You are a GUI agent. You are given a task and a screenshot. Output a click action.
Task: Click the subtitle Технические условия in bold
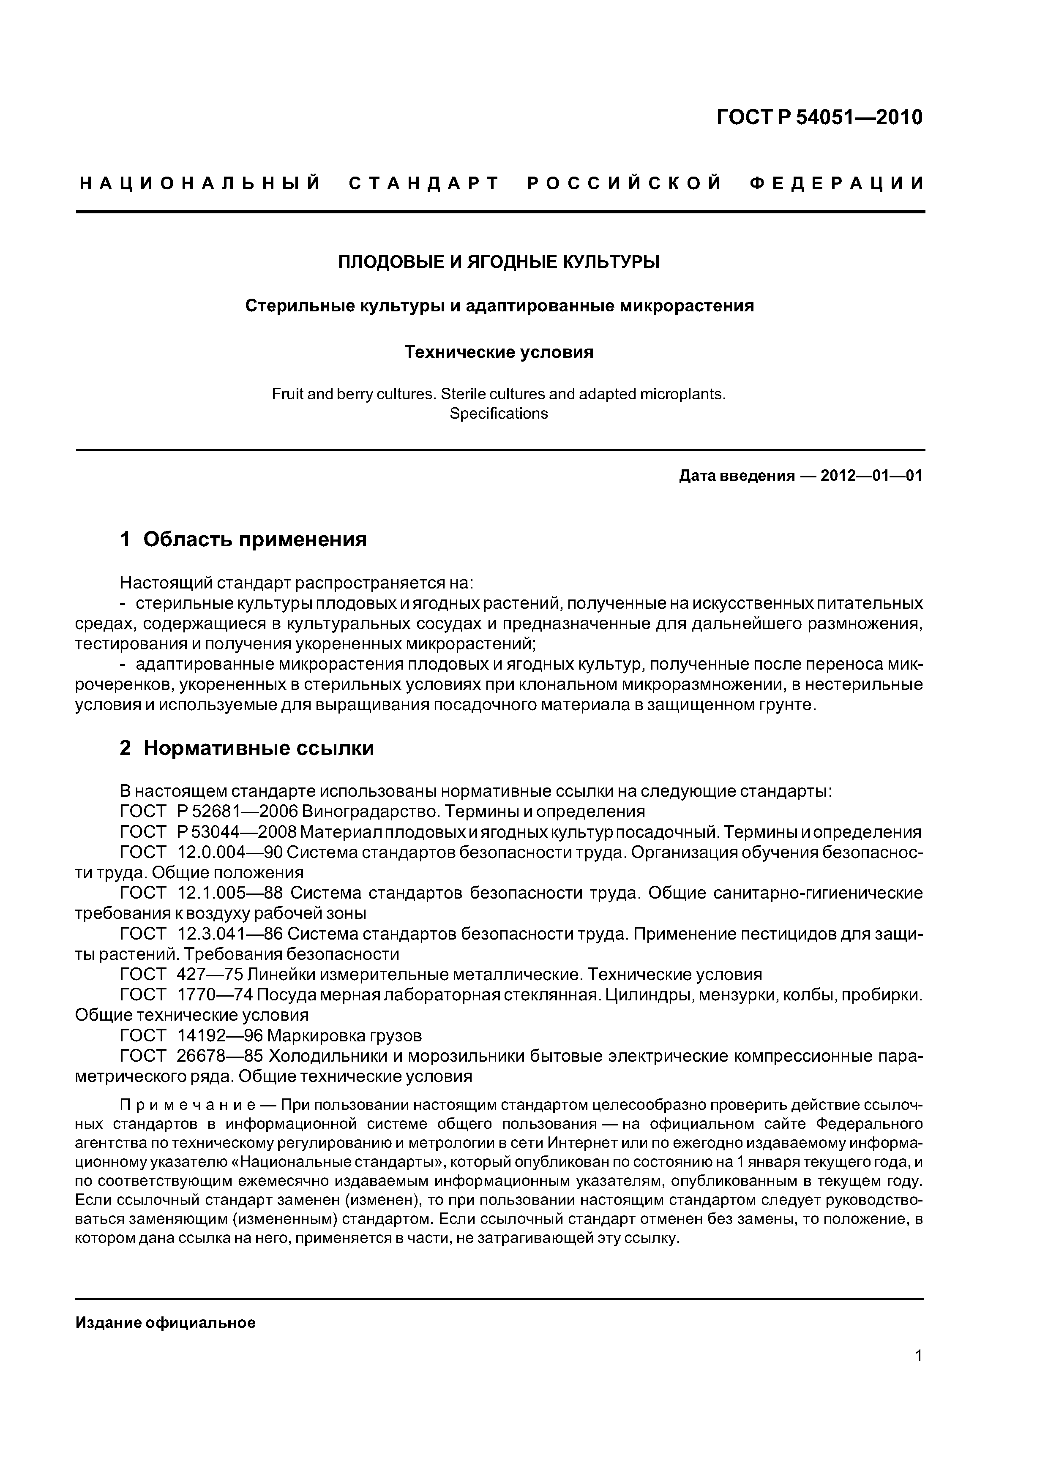coord(499,352)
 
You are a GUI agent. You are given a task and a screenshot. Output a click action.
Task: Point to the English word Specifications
coord(499,414)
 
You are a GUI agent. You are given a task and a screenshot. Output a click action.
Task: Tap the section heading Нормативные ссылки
coord(258,748)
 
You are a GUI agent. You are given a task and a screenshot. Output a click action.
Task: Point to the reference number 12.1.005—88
coord(230,894)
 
